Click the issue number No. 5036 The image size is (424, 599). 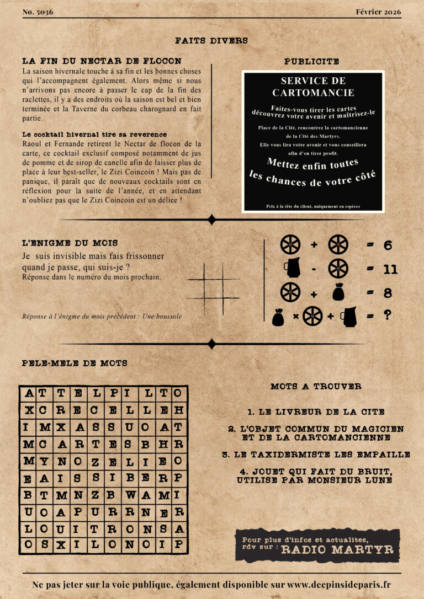tap(38, 12)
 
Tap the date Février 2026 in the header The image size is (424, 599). tap(379, 12)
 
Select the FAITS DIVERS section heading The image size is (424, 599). tap(211, 40)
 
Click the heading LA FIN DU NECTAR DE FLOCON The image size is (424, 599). tap(102, 61)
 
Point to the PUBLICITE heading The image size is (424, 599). tap(311, 62)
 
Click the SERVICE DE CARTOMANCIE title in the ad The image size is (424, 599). tap(313, 87)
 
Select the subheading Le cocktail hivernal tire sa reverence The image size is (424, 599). tap(94, 134)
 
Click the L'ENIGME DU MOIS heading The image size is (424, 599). tap(70, 243)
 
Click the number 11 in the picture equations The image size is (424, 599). tap(390, 269)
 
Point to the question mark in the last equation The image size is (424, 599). tap(388, 315)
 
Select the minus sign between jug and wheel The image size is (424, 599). tap(313, 269)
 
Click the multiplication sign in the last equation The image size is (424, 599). tap(295, 317)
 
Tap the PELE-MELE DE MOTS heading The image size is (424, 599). tap(75, 363)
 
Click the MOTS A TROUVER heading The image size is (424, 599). tap(316, 387)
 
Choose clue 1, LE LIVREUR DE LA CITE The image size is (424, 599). tap(316, 411)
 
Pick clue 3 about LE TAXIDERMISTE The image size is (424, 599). tap(316, 455)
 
